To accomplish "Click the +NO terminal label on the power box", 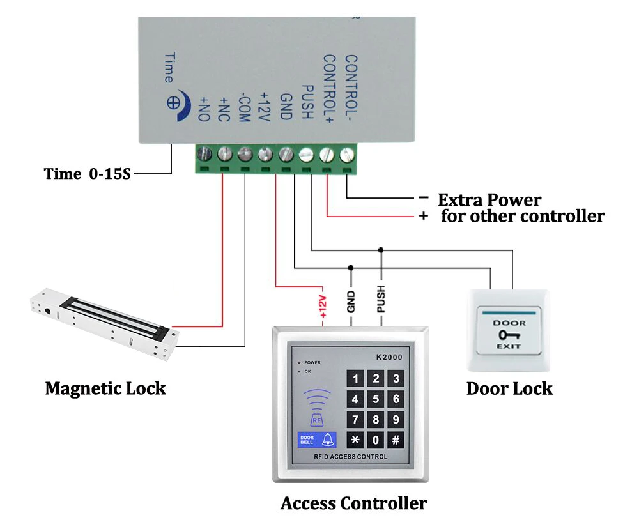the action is click(x=204, y=109).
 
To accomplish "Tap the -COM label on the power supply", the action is click(x=243, y=107).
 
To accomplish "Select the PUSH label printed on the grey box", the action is click(x=307, y=102).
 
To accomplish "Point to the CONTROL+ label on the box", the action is click(x=329, y=88).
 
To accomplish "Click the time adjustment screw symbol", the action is click(x=173, y=103).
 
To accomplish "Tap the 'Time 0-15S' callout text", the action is click(x=87, y=174).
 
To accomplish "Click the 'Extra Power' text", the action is click(x=489, y=200).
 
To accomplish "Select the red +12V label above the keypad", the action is click(x=323, y=307).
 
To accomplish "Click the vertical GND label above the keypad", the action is click(x=351, y=302).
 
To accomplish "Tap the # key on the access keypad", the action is click(x=396, y=440).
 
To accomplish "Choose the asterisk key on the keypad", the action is click(x=355, y=440).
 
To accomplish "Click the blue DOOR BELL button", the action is click(x=317, y=440).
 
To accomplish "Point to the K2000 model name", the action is click(x=389, y=357).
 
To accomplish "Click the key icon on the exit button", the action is click(x=509, y=335).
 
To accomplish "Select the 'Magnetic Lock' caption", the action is click(x=105, y=388).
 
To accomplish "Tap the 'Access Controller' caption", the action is click(x=354, y=503).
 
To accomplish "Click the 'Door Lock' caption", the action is click(x=509, y=389).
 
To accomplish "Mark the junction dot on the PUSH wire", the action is click(x=381, y=250).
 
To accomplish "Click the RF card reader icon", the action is click(x=317, y=408).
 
